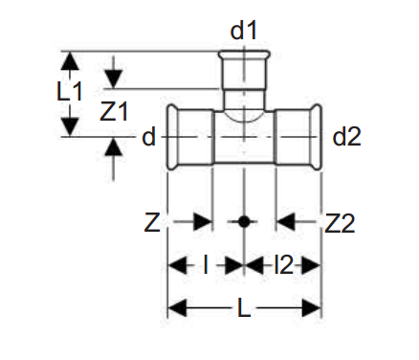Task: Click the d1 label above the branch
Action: pyautogui.click(x=243, y=31)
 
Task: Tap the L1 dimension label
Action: pyautogui.click(x=70, y=91)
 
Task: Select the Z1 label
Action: pyautogui.click(x=114, y=112)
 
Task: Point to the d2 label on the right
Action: pyautogui.click(x=346, y=137)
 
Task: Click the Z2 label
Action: pyautogui.click(x=340, y=223)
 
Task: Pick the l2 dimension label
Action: pyautogui.click(x=283, y=265)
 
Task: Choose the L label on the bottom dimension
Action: pyautogui.click(x=244, y=308)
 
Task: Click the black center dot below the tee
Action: pyautogui.click(x=244, y=221)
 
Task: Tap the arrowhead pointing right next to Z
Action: pyautogui.click(x=203, y=221)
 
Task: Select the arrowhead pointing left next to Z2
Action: pyautogui.click(x=285, y=221)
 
